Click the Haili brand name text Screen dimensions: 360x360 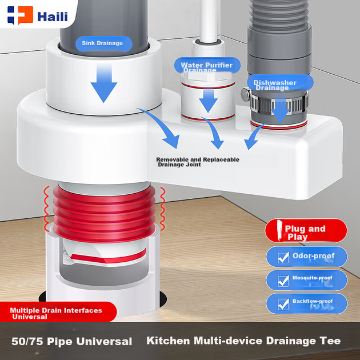[x=53, y=17]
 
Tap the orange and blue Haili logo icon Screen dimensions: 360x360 [x=20, y=15]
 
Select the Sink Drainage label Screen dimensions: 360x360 [x=104, y=43]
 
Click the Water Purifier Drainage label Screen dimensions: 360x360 [x=207, y=66]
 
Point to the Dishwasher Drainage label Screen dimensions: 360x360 [x=280, y=83]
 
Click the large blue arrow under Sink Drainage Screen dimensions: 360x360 [x=104, y=83]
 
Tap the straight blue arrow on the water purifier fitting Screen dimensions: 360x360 [x=208, y=101]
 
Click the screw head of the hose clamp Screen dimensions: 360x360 [x=246, y=94]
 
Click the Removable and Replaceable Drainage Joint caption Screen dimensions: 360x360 [x=198, y=162]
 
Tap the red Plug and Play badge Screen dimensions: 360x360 [x=306, y=230]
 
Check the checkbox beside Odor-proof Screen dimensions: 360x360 [x=283, y=258]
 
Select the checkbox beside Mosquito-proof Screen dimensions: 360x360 [x=283, y=281]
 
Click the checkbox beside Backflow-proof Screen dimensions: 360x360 [x=283, y=305]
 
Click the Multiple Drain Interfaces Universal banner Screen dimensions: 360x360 [x=57, y=312]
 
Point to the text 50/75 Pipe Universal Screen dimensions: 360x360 [x=71, y=341]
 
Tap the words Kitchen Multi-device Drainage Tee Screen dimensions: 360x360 [x=243, y=341]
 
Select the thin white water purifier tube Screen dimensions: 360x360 [x=209, y=21]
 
